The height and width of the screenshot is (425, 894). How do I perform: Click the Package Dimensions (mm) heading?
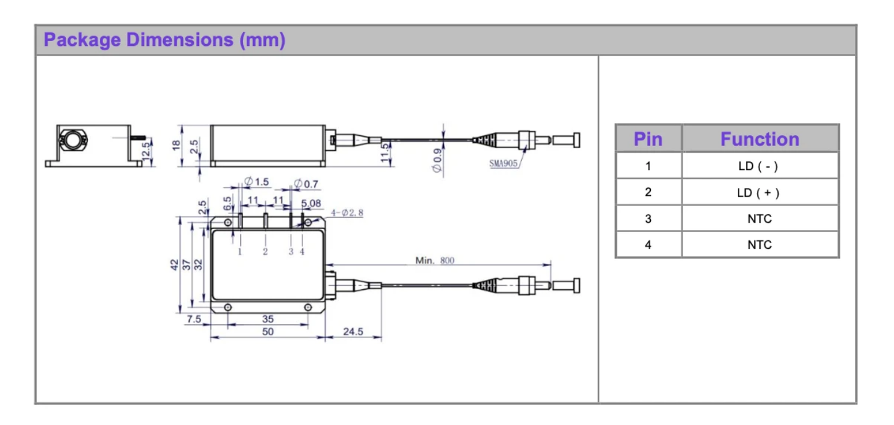point(164,40)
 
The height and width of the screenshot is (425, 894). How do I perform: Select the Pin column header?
point(648,138)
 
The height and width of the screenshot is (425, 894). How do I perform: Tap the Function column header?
point(759,138)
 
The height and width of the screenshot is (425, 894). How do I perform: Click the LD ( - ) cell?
point(759,166)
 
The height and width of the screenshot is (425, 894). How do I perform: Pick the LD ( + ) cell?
point(759,192)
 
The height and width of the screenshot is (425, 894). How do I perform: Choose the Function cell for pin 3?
point(759,218)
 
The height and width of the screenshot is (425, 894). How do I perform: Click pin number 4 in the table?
point(648,244)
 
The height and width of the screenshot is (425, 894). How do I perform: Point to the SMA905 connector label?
point(502,165)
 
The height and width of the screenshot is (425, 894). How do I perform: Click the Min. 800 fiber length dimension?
point(435,261)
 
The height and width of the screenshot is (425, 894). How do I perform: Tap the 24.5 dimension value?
point(353,331)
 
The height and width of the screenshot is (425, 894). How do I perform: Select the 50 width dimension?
point(267,332)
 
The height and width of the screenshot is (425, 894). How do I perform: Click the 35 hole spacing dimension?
point(267,318)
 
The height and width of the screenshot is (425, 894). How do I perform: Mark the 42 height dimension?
point(174,264)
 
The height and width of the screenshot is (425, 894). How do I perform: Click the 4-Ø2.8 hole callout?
point(347,212)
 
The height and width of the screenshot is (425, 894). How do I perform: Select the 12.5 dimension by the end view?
point(147,150)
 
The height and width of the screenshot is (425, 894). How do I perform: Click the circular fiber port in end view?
point(73,140)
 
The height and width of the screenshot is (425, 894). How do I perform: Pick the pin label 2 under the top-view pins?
point(265,251)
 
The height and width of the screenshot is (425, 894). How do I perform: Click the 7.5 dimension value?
point(194,318)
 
